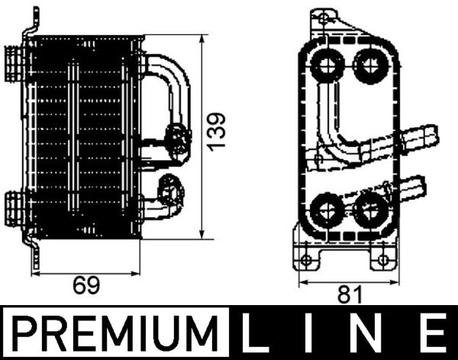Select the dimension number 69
[x=86, y=286]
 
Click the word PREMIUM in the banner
[x=115, y=335]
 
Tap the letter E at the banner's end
[x=433, y=335]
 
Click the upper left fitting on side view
[x=15, y=58]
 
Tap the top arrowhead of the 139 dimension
[x=202, y=38]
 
